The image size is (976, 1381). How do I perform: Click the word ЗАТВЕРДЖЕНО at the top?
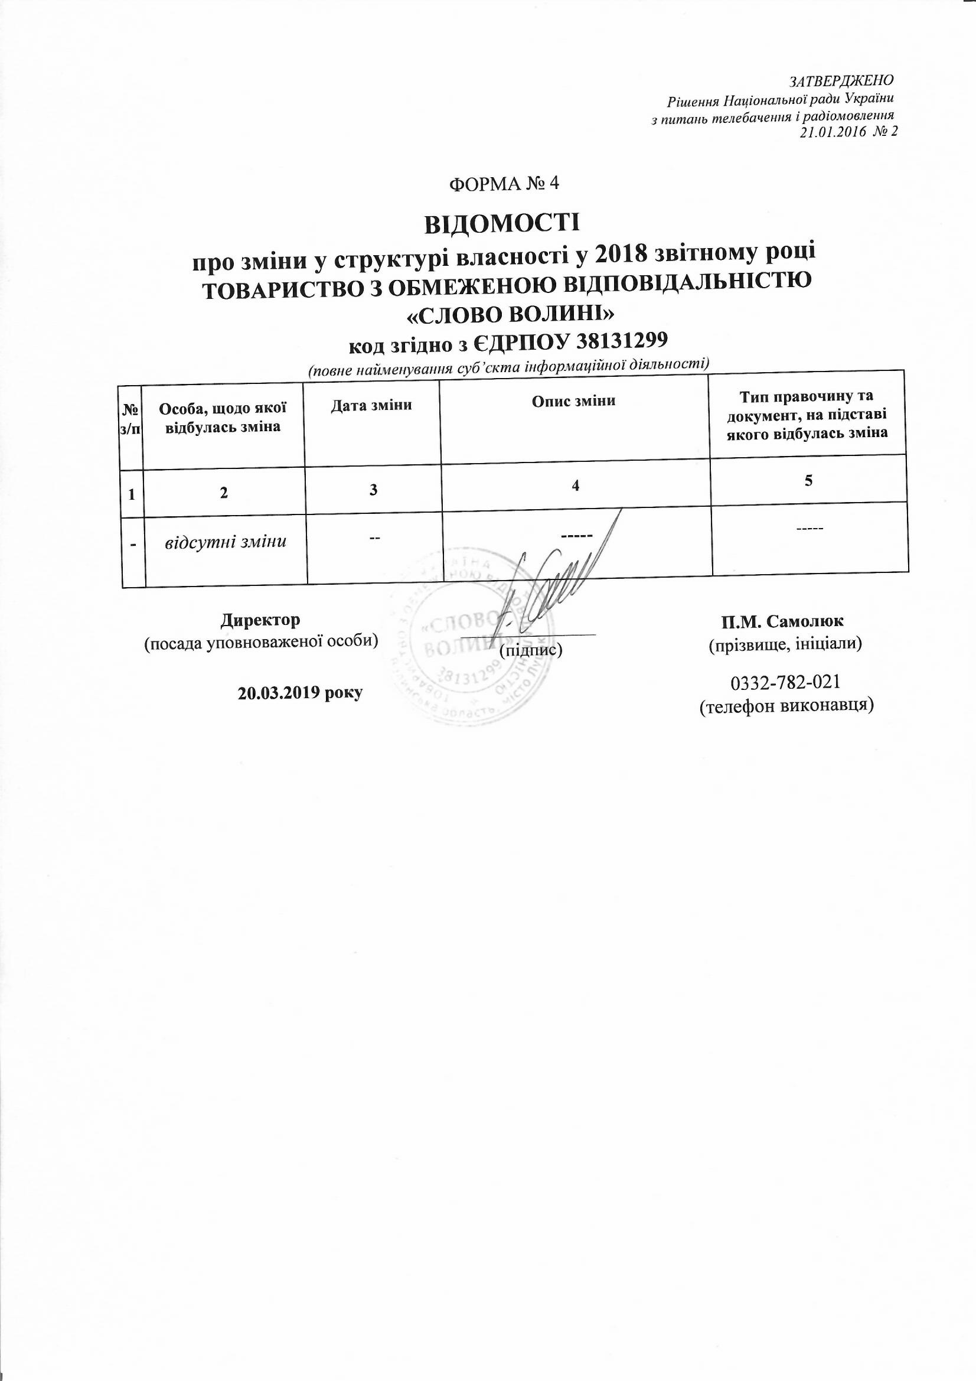pyautogui.click(x=841, y=80)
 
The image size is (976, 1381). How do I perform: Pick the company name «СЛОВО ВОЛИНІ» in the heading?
pyautogui.click(x=502, y=315)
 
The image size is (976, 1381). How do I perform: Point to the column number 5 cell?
pyautogui.click(x=808, y=480)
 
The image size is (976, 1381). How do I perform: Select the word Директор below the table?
pyautogui.click(x=260, y=620)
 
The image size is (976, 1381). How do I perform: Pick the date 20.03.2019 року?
pyautogui.click(x=301, y=693)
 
